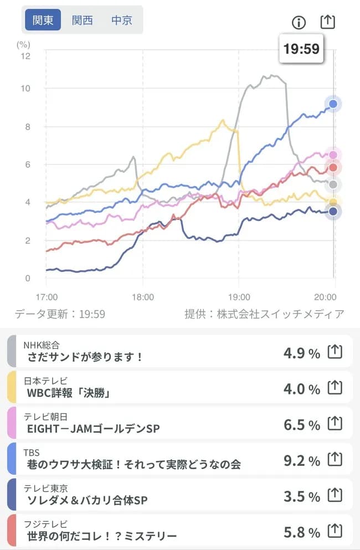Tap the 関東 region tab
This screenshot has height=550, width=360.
pos(43,20)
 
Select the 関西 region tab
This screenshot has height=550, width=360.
pos(83,20)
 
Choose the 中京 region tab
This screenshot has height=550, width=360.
pos(122,20)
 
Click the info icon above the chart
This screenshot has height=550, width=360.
pos(299,22)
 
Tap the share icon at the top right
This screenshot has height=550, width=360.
pos(328,22)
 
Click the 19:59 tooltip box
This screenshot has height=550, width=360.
pos(301,49)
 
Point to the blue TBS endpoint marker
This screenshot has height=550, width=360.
pos(333,104)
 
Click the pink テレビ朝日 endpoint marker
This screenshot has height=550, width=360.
pos(333,155)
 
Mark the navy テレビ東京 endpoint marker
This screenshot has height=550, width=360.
pos(333,211)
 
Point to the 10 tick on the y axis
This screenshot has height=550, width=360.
pos(25,89)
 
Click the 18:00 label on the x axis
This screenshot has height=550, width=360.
pos(143,297)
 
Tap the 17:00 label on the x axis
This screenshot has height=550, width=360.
pos(47,297)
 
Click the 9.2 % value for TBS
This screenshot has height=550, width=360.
pos(301,460)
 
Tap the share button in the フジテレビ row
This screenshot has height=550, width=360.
pos(335,531)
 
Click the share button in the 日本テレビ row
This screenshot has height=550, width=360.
pos(335,388)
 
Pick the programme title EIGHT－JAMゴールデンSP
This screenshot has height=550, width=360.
pos(93,429)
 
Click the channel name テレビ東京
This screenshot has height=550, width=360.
pos(45,488)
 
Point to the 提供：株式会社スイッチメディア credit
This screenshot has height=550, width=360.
pos(264,314)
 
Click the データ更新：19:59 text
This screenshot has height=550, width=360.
pos(60,314)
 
